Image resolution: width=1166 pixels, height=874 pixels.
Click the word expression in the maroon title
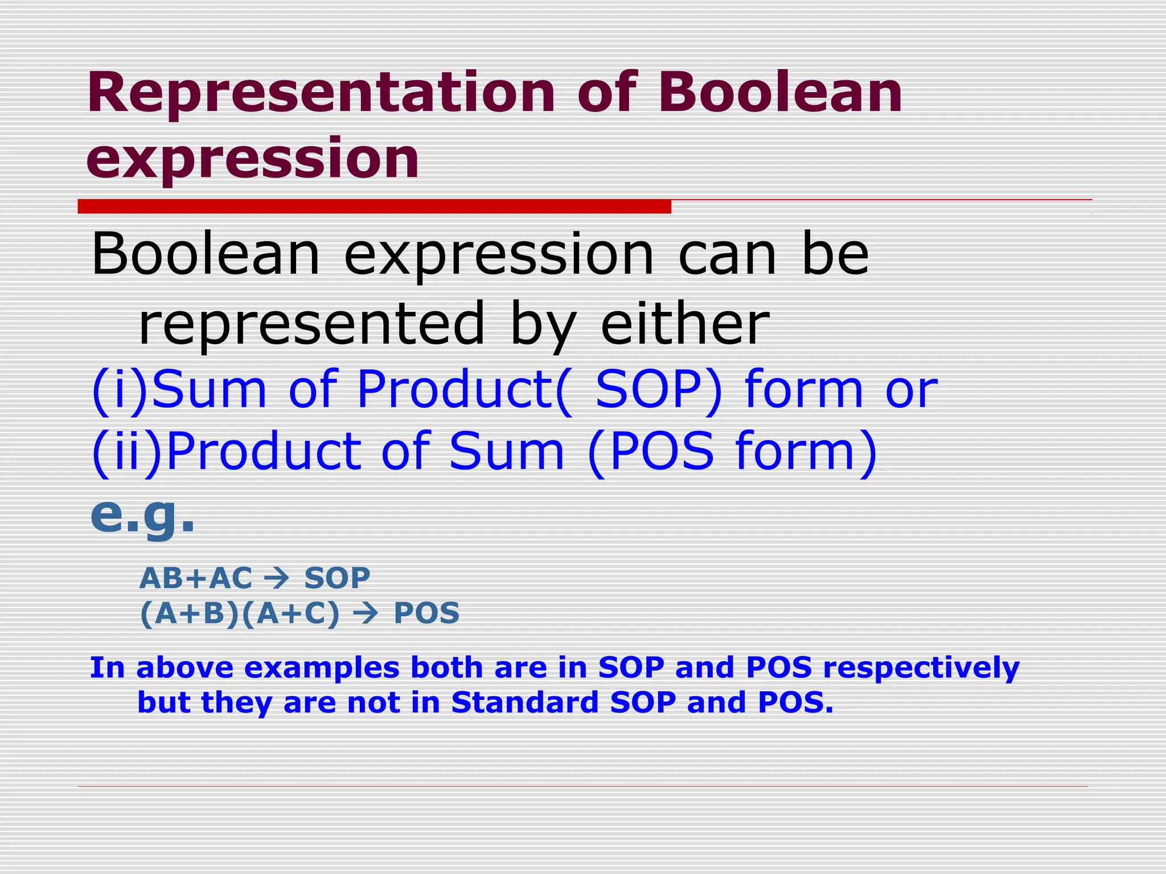click(252, 159)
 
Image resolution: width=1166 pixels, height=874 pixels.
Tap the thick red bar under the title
click(374, 207)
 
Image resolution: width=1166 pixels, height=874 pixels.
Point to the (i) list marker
click(119, 389)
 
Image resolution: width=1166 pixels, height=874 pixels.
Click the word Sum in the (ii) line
click(506, 452)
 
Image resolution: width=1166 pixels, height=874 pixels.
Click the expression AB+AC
click(195, 579)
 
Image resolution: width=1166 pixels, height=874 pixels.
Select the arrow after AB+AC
click(277, 579)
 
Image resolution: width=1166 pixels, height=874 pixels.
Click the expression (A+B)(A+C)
click(240, 614)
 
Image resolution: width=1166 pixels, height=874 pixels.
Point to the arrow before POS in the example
click(365, 614)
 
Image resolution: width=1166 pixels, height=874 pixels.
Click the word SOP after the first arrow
click(337, 579)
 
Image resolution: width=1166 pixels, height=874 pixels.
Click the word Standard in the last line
click(524, 702)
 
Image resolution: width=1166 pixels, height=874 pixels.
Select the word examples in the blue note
click(322, 668)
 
